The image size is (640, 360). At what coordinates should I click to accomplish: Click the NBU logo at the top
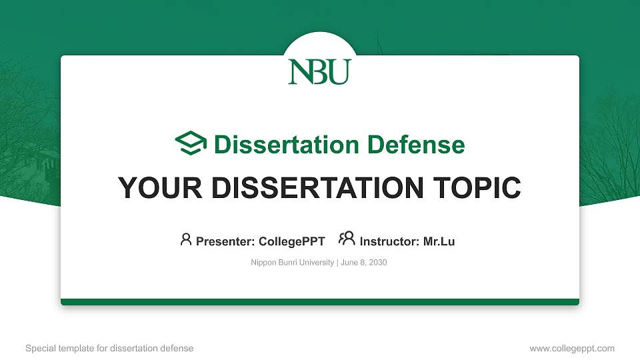(319, 72)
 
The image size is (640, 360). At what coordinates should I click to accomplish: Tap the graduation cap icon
(191, 144)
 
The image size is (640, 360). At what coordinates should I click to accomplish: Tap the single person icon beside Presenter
(186, 239)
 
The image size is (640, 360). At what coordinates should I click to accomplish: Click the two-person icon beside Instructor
(347, 239)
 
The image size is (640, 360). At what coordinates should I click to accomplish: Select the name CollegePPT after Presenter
(292, 241)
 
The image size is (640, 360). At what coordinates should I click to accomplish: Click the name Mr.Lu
(439, 241)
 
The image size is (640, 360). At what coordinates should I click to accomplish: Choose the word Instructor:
(390, 241)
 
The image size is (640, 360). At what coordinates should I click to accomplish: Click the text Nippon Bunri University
(292, 263)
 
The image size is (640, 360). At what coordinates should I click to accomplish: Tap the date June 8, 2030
(364, 263)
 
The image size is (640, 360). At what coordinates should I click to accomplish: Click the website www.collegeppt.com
(572, 349)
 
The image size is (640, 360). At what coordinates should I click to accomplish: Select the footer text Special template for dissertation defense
(109, 349)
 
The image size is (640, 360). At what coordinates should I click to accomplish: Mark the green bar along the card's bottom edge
(320, 302)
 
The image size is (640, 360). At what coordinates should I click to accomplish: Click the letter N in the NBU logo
(299, 72)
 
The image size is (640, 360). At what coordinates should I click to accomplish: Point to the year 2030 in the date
(378, 263)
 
